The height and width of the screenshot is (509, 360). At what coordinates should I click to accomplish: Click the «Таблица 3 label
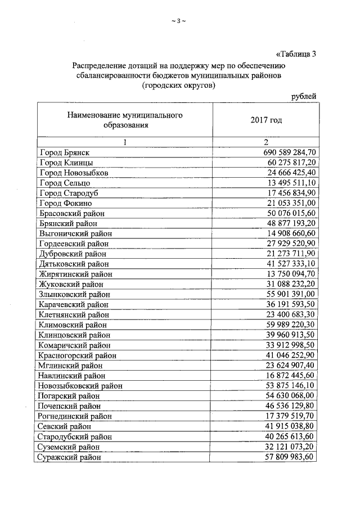[296, 55]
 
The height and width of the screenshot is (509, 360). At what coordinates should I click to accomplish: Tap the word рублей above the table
[303, 96]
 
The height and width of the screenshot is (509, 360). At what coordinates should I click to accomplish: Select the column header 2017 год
[265, 120]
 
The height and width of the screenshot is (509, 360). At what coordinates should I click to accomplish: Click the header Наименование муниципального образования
[125, 120]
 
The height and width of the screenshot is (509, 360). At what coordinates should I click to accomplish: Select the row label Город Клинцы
[66, 163]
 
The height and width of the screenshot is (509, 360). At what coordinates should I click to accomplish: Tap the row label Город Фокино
[66, 203]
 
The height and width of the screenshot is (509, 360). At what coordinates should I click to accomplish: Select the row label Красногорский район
[78, 355]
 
